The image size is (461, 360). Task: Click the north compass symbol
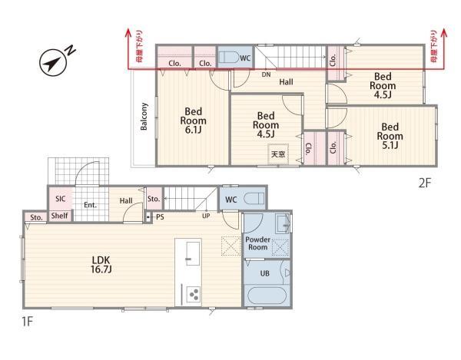pyautogui.click(x=54, y=61)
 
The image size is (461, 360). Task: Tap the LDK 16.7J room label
pyautogui.click(x=101, y=265)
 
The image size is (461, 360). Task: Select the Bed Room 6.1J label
pyautogui.click(x=193, y=121)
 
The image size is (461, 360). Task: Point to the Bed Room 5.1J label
pyautogui.click(x=390, y=136)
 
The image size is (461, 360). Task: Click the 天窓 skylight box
pyautogui.click(x=278, y=154)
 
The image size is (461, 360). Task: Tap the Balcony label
pyautogui.click(x=144, y=116)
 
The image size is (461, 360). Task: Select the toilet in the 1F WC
pyautogui.click(x=254, y=199)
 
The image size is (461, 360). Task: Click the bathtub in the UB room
pyautogui.click(x=267, y=296)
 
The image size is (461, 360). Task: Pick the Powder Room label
pyautogui.click(x=257, y=243)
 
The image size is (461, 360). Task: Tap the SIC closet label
pyautogui.click(x=60, y=199)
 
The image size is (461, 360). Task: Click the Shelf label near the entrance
pyautogui.click(x=60, y=216)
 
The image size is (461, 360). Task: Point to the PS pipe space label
pyautogui.click(x=160, y=217)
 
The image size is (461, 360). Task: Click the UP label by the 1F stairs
pyautogui.click(x=206, y=216)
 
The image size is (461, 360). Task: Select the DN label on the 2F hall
pyautogui.click(x=266, y=74)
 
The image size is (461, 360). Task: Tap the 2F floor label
pyautogui.click(x=424, y=183)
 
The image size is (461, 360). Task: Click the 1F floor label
pyautogui.click(x=28, y=322)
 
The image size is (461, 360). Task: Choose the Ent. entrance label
pyautogui.click(x=90, y=205)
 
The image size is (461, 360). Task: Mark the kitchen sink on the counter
pyautogui.click(x=193, y=253)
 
